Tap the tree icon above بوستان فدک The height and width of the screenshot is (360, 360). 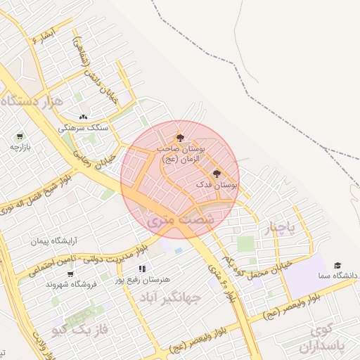click(216, 173)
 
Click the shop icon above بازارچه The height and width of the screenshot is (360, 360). click(20, 136)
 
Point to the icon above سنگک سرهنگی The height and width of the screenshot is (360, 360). click(84, 117)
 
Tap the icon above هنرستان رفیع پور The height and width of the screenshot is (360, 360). click(141, 268)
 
